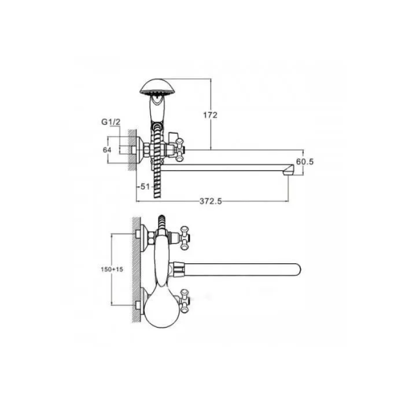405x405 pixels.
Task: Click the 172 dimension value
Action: coord(210,115)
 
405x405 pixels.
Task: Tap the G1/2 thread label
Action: coord(111,121)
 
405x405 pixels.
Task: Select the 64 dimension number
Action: coord(107,150)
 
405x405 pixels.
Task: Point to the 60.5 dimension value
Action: coord(305,161)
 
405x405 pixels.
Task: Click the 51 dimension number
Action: coord(145,186)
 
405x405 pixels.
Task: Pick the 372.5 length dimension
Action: coord(211,201)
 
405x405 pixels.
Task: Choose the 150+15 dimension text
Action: coord(112,269)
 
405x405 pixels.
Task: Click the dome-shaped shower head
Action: coord(155,87)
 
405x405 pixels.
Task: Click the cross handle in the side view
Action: coord(180,150)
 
